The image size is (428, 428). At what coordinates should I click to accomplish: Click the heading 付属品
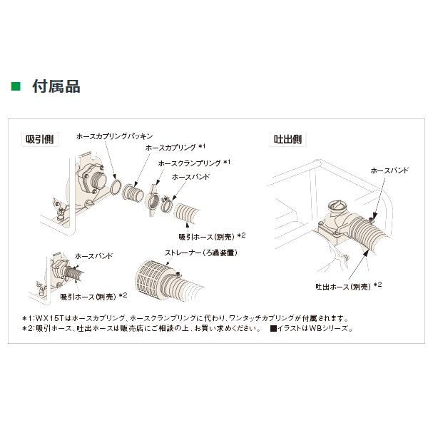[56, 88]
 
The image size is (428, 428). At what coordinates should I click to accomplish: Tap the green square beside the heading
[16, 88]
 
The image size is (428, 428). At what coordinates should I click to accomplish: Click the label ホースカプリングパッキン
[117, 134]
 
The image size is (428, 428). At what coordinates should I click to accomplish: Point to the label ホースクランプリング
[190, 163]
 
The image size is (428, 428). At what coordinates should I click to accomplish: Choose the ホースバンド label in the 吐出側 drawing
[390, 171]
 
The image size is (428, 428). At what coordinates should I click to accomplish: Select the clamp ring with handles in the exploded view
[153, 198]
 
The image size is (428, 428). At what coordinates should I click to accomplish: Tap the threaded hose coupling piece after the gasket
[132, 193]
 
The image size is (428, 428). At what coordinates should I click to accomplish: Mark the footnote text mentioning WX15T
[185, 318]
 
